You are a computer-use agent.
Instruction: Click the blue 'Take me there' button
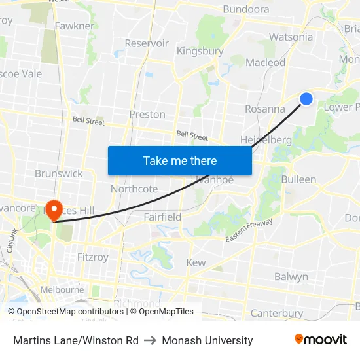tap(180, 160)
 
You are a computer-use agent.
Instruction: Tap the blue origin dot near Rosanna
tap(306, 99)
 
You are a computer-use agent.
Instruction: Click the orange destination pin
tap(53, 209)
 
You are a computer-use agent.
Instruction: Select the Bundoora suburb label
tap(246, 9)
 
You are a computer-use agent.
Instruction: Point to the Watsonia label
tap(291, 37)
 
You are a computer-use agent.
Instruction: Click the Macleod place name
tap(266, 63)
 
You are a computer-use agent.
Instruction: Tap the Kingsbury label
tap(200, 51)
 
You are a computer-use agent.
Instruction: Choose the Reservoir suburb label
tap(147, 43)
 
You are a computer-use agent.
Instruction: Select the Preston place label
tap(147, 114)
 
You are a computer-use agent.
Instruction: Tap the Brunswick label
tap(59, 173)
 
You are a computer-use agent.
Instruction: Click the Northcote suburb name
tap(134, 189)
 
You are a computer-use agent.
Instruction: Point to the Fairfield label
tap(162, 217)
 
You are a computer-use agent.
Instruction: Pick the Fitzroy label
tap(92, 257)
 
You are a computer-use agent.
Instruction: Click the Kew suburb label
tap(196, 262)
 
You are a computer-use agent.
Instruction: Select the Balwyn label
tap(291, 277)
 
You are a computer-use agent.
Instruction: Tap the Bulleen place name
tap(298, 179)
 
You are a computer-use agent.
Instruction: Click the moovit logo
tap(320, 340)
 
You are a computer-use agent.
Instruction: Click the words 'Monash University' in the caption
tap(207, 340)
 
